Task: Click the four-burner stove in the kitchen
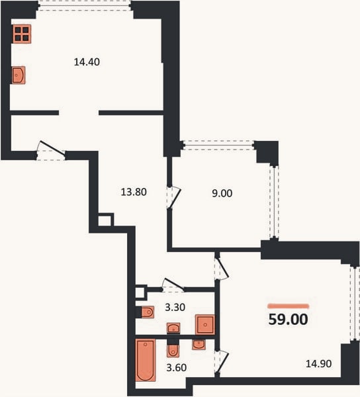[22, 34]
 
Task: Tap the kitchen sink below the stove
[19, 75]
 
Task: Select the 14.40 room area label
[87, 62]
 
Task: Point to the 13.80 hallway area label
[134, 192]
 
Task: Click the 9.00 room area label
[222, 193]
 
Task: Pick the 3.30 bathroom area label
[175, 307]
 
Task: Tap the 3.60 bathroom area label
[177, 367]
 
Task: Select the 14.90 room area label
[319, 363]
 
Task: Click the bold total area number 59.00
[288, 320]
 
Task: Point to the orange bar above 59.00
[289, 306]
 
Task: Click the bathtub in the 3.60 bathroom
[146, 360]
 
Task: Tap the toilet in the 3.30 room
[148, 312]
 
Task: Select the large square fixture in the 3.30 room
[204, 325]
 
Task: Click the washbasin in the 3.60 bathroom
[199, 345]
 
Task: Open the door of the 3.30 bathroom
[173, 285]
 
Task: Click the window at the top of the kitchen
[85, 5]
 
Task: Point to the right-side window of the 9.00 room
[274, 202]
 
